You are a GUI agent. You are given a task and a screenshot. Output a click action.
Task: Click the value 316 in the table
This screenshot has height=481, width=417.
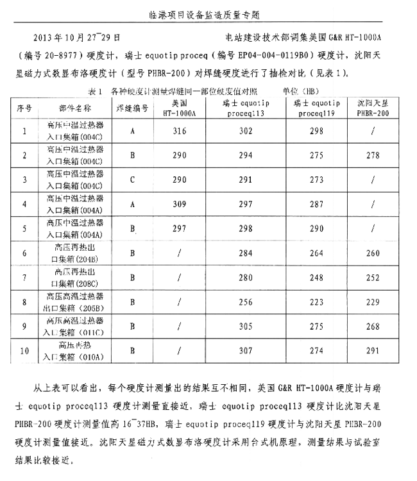(x=180, y=131)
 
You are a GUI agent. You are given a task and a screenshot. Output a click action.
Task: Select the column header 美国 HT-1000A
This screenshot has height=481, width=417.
(x=180, y=107)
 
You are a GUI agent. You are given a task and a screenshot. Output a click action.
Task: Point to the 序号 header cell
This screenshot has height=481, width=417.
(x=24, y=107)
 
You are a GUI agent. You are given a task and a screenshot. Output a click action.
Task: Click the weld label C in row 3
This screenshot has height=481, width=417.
(x=132, y=180)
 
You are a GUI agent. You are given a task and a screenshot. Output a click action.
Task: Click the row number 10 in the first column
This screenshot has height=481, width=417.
(x=24, y=351)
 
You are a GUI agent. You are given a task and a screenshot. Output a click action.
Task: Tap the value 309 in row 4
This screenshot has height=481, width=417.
(x=180, y=205)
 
